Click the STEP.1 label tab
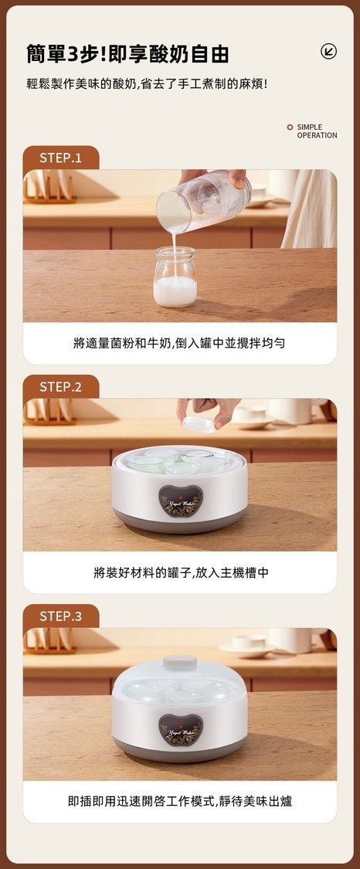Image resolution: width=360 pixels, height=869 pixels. point(60,158)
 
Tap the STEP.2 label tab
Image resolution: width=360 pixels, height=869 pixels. point(60,387)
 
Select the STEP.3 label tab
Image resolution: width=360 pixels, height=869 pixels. point(60,616)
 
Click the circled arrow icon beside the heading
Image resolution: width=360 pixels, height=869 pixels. point(328,52)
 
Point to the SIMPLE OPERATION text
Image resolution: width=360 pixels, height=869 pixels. point(317,131)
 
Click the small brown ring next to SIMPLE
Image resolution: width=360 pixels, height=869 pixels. point(290,127)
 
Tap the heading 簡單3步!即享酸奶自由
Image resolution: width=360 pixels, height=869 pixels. point(127,54)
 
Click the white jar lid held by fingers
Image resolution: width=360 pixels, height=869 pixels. point(199,425)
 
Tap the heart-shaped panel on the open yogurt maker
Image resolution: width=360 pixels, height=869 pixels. point(181,501)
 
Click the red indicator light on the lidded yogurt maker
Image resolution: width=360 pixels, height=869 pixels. point(180,725)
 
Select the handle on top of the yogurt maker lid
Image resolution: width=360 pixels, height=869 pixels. point(180,662)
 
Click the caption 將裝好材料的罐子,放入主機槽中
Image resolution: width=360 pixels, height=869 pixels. point(181,572)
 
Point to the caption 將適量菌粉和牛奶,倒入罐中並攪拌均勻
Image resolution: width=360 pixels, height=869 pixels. point(179,342)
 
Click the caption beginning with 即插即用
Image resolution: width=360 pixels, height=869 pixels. point(180,801)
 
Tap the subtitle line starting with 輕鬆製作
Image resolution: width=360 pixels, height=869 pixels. point(147,84)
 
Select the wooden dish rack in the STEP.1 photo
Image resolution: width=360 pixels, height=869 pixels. point(49,188)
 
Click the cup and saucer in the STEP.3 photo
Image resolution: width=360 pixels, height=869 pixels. point(247,645)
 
